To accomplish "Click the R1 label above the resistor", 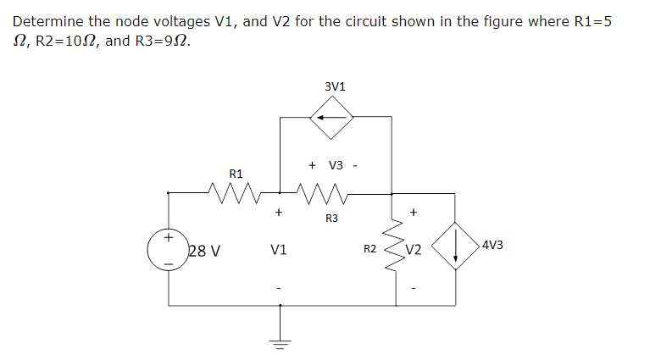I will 236,173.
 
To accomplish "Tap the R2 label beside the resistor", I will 369,250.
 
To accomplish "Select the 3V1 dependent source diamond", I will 335,118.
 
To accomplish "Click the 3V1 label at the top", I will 335,86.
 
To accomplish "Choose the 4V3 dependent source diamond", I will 456,246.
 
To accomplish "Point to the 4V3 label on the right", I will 492,246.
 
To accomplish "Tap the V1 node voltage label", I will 278,250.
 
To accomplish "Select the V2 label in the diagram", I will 414,250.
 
